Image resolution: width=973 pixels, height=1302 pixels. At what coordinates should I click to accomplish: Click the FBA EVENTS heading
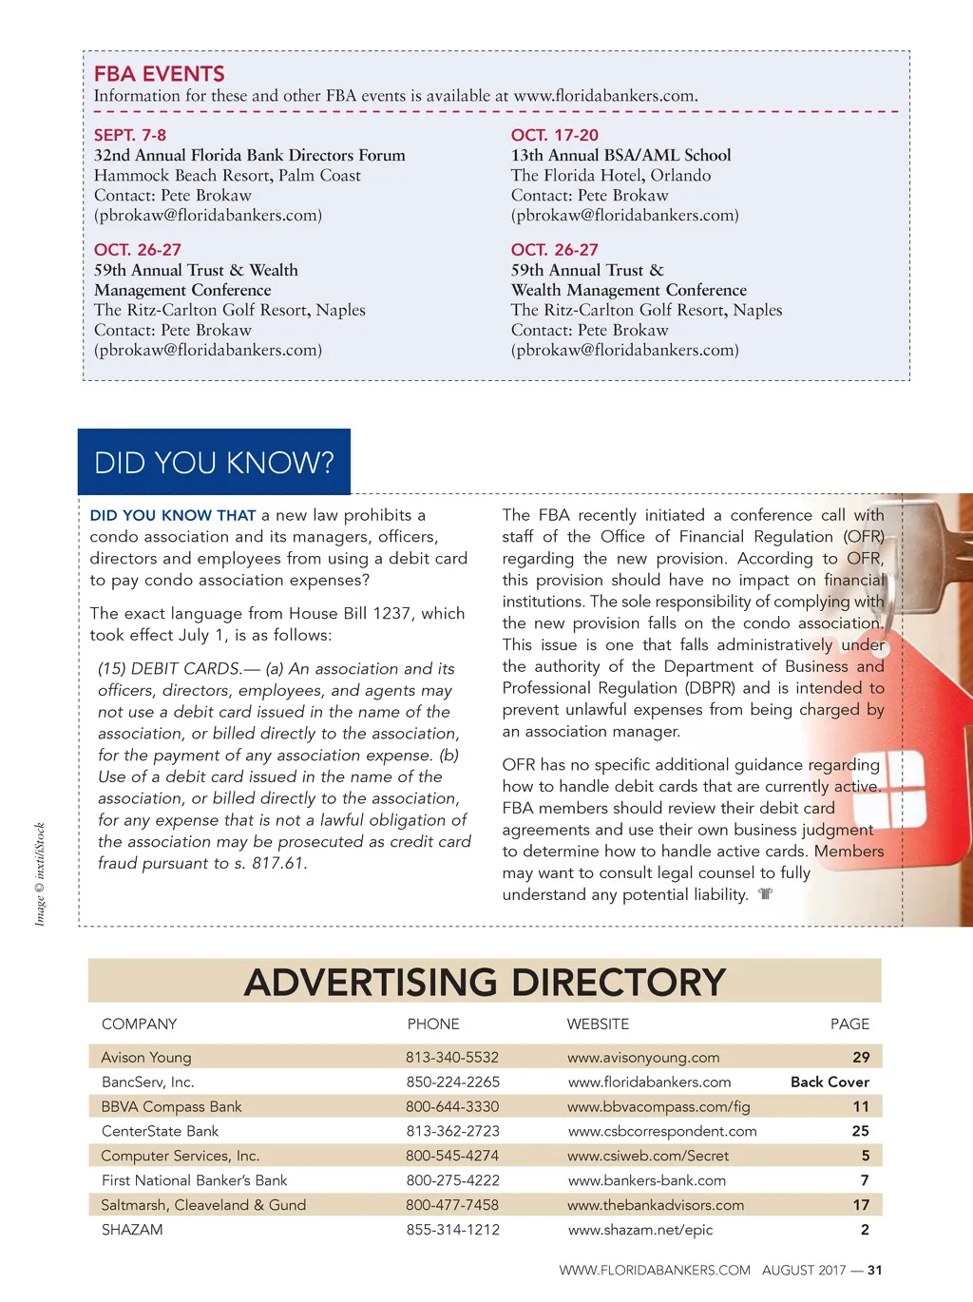[x=159, y=73]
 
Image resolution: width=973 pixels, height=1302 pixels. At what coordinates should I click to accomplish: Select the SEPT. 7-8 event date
[x=130, y=135]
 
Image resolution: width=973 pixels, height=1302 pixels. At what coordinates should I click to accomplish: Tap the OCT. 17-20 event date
[x=555, y=135]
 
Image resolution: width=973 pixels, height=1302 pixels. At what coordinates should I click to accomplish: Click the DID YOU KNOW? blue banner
[x=214, y=462]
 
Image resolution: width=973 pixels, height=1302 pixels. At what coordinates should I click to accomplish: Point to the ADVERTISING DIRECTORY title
[x=485, y=982]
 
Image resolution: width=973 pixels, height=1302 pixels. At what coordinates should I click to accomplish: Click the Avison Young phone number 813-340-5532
[x=452, y=1057]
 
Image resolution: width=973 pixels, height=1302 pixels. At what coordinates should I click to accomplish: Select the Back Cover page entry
[x=830, y=1082]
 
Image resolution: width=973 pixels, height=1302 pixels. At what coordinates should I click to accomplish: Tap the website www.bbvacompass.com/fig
[x=658, y=1106]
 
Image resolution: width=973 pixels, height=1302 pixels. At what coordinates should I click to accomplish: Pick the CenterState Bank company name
[x=160, y=1131]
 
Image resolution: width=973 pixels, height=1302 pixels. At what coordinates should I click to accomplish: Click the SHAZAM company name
[x=132, y=1230]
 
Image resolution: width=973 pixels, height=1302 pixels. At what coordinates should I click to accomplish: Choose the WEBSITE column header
[x=598, y=1024]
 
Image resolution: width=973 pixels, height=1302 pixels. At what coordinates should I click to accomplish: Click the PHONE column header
[x=433, y=1024]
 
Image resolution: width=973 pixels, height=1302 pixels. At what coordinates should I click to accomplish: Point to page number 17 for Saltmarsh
[x=861, y=1205]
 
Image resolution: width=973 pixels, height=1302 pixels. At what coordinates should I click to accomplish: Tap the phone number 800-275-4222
[x=452, y=1180]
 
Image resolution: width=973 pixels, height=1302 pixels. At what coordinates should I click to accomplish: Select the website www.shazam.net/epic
[x=640, y=1230]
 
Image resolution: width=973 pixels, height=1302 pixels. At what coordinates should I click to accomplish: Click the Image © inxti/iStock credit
[x=40, y=874]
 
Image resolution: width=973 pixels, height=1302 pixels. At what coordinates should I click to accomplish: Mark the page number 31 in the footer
[x=875, y=1270]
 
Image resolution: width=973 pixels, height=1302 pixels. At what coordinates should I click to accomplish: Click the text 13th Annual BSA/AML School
[x=620, y=155]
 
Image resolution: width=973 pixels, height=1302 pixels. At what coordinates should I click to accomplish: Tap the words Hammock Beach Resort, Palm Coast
[x=227, y=175]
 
